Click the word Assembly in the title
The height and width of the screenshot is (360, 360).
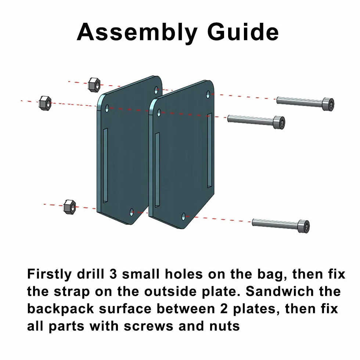[x=137, y=32]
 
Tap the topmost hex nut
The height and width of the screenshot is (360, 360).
[x=94, y=85]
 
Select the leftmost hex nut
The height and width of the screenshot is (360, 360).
[x=45, y=103]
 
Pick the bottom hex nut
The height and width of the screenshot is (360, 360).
[x=69, y=207]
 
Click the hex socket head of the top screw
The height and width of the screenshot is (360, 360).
[x=328, y=104]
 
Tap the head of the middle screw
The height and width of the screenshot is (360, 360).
[x=279, y=123]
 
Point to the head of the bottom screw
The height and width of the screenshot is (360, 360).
[x=303, y=226]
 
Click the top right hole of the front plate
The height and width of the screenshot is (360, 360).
[x=208, y=94]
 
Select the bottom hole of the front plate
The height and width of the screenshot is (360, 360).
[x=183, y=216]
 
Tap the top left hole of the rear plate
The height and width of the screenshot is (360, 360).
[x=107, y=108]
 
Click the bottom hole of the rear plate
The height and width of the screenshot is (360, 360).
[x=132, y=212]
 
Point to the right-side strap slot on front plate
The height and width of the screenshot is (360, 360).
[x=210, y=150]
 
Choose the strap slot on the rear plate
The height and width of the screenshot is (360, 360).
[x=105, y=166]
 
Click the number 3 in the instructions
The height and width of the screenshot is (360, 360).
[x=113, y=274]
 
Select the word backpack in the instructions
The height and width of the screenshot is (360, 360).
[x=61, y=309]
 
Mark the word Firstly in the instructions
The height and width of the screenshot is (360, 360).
[x=50, y=274]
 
